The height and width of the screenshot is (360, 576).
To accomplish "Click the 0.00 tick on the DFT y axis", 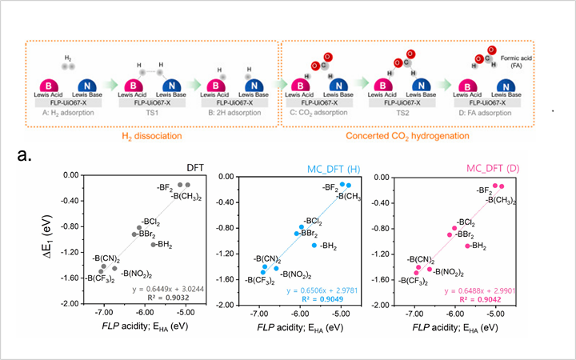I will click(x=88, y=174).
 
